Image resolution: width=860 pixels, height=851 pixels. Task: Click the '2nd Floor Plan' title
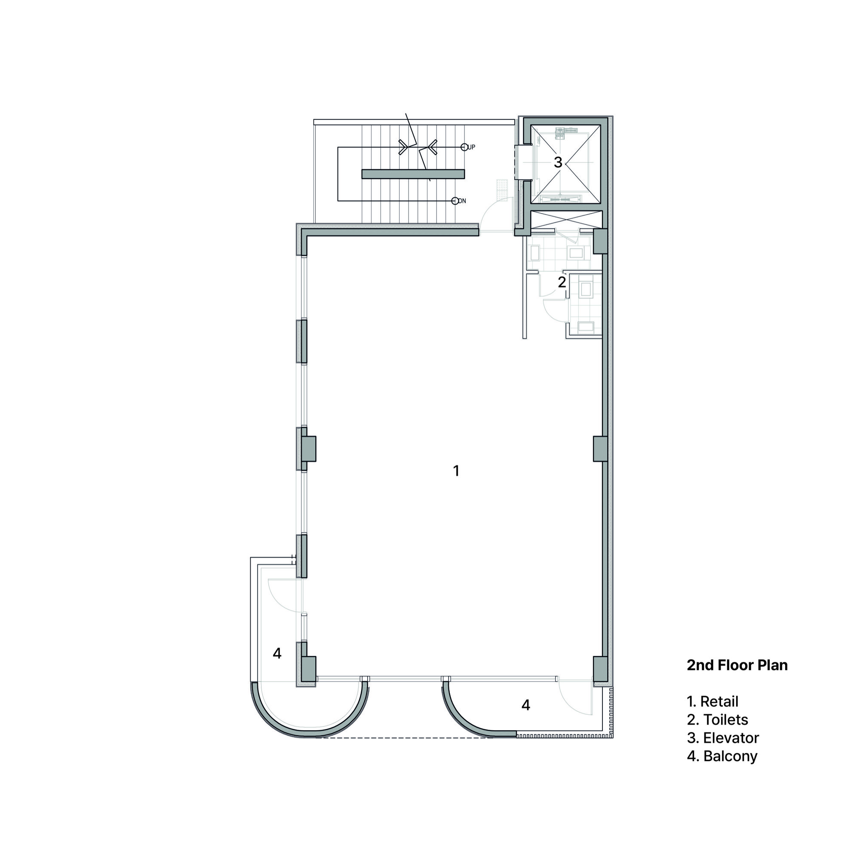coord(737,665)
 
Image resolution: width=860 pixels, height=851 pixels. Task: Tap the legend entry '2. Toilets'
coord(717,720)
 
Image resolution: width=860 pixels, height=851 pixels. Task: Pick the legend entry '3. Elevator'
coord(722,738)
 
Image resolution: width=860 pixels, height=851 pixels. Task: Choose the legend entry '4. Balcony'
coord(722,756)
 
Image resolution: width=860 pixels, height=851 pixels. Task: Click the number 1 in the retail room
coord(456,471)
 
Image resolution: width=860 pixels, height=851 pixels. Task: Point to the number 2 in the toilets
coord(562,282)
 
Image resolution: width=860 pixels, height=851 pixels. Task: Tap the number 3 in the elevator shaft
coord(558,162)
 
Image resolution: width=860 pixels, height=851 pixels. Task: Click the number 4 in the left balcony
coord(277,653)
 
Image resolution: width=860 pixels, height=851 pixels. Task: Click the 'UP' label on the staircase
coord(471,147)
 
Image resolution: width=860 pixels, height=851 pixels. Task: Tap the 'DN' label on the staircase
coord(462,201)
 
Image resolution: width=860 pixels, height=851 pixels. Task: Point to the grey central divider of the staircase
coord(413,174)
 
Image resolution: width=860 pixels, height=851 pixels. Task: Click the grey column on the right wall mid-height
coord(600,449)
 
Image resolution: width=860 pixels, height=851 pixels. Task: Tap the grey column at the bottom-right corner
coord(600,669)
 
